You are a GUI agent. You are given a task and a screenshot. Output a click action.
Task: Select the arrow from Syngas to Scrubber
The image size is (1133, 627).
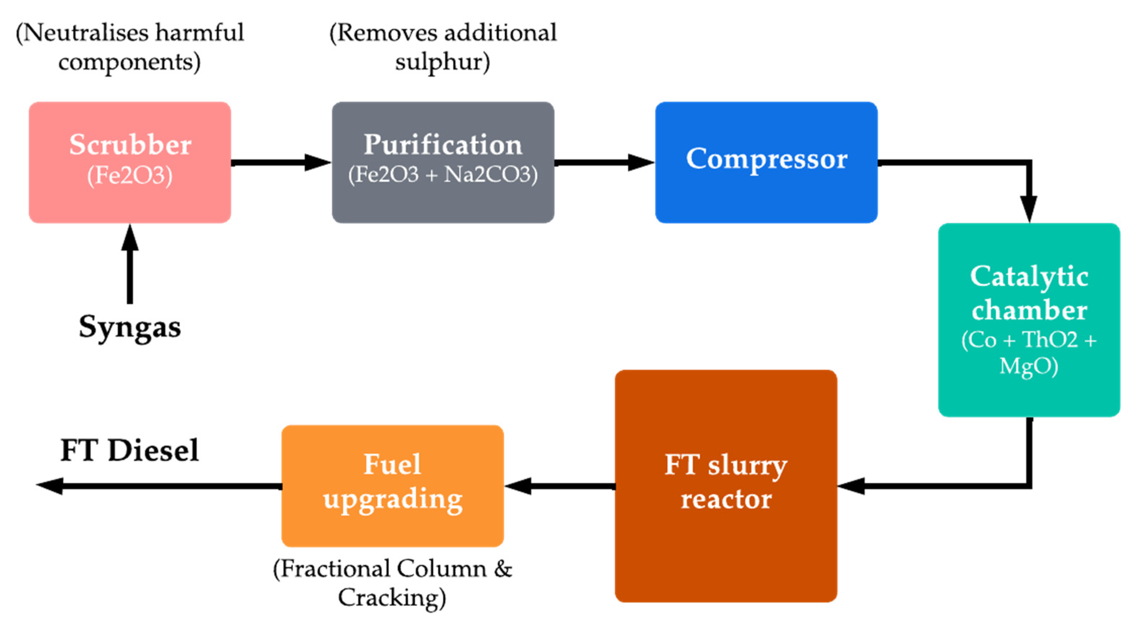(x=130, y=264)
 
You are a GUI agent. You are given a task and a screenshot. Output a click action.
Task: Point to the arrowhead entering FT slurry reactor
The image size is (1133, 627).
(x=851, y=486)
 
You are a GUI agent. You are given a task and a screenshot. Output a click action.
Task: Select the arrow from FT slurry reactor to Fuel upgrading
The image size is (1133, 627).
(x=560, y=486)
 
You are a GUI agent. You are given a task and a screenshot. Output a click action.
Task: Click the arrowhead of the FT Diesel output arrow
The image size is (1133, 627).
(x=49, y=486)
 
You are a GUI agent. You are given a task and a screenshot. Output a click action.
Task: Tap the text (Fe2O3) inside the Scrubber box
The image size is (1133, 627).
(x=130, y=176)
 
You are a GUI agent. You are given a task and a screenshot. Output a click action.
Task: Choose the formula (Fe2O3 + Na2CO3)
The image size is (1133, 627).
(x=443, y=175)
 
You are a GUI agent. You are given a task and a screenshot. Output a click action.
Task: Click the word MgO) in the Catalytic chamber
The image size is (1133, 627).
(x=1029, y=366)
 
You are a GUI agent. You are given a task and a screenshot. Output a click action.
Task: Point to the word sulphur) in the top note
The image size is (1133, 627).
(x=442, y=62)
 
